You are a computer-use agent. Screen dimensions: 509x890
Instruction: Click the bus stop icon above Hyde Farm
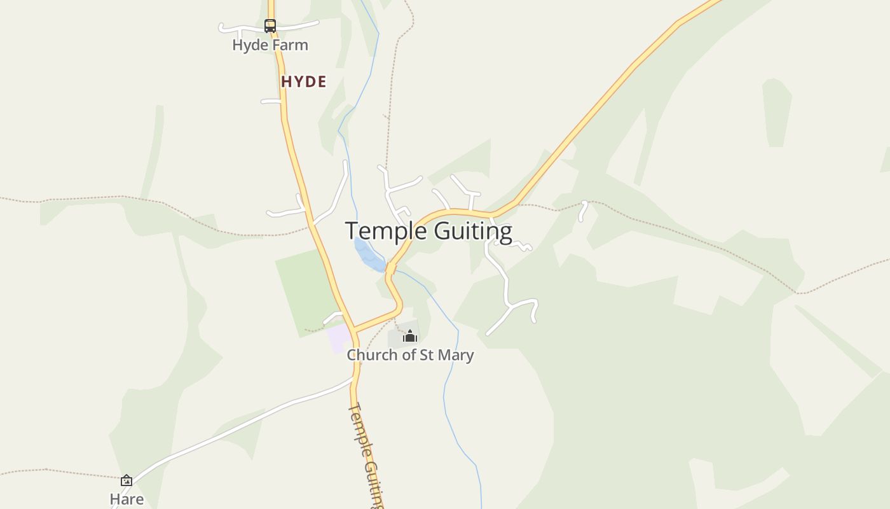point(270,26)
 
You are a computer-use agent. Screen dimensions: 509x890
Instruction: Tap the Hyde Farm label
point(270,45)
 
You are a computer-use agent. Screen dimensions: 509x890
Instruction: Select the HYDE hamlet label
point(304,81)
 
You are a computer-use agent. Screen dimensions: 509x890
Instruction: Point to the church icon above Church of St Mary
point(410,336)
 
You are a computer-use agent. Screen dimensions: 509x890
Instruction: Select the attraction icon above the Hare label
point(127,480)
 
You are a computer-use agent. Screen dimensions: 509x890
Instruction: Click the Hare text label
point(127,499)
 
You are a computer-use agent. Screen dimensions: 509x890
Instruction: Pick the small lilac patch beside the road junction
point(338,337)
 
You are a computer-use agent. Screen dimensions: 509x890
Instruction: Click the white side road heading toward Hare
point(242,426)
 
